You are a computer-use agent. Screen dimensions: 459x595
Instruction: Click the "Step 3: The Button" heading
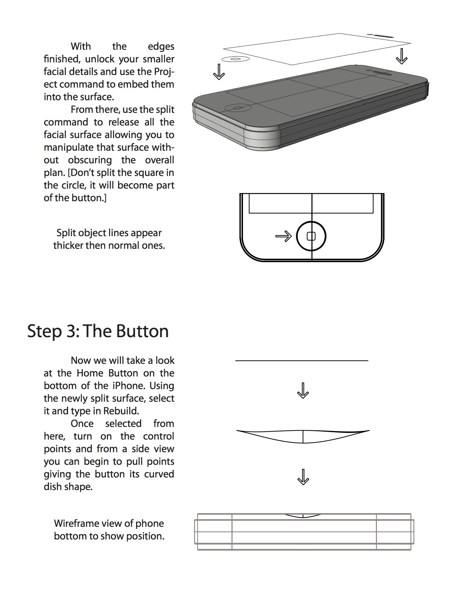tap(98, 331)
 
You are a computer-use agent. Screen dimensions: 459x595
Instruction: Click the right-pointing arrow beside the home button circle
tap(283, 236)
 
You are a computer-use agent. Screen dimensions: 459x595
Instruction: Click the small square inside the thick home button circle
tap(311, 236)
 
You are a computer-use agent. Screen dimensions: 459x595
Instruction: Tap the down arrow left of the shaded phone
tap(219, 72)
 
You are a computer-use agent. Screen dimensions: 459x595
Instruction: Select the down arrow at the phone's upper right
tap(402, 56)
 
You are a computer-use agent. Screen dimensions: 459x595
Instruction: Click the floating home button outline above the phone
tap(235, 59)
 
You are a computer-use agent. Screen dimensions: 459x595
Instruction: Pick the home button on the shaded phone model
tap(237, 107)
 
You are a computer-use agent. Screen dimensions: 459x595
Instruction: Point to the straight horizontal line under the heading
tap(302, 361)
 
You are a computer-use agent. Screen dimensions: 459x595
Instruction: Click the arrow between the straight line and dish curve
tap(303, 391)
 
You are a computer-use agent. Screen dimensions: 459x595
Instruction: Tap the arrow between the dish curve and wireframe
tap(303, 477)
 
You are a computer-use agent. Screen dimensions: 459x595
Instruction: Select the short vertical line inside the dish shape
tap(303, 436)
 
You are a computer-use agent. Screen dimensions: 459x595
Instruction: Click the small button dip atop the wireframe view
tap(303, 516)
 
